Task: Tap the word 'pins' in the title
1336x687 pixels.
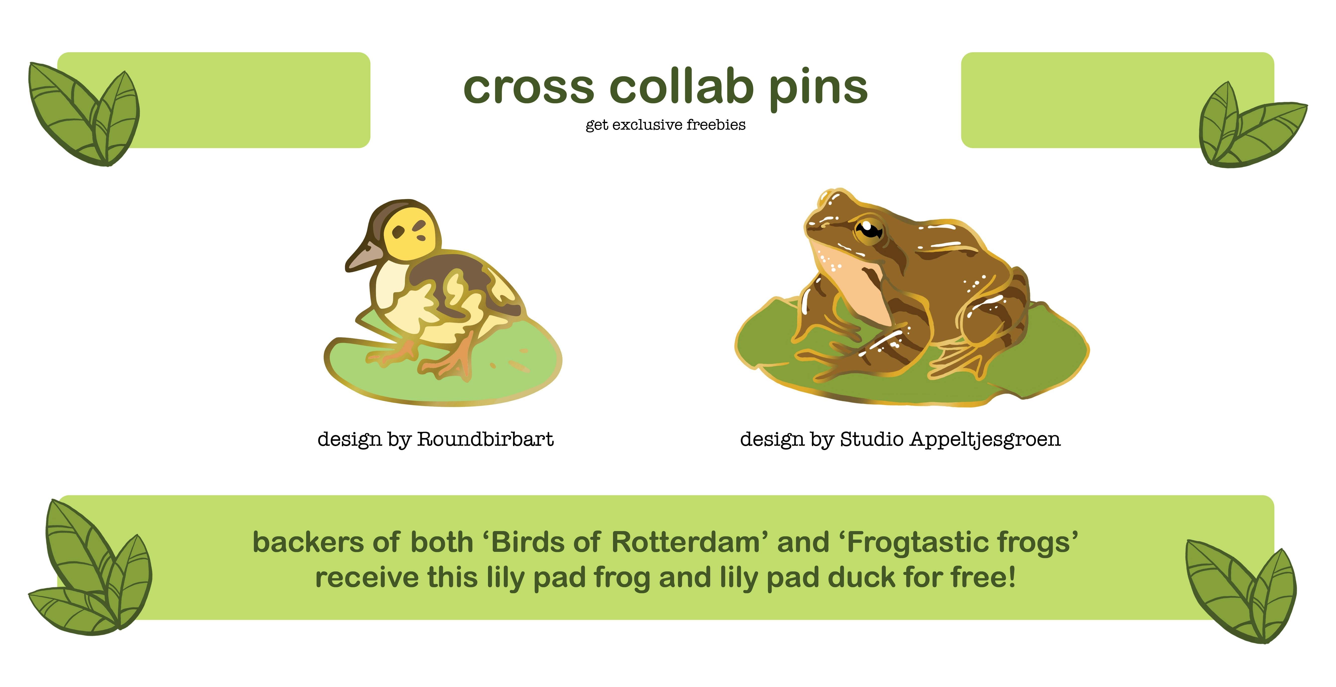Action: coord(818,89)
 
